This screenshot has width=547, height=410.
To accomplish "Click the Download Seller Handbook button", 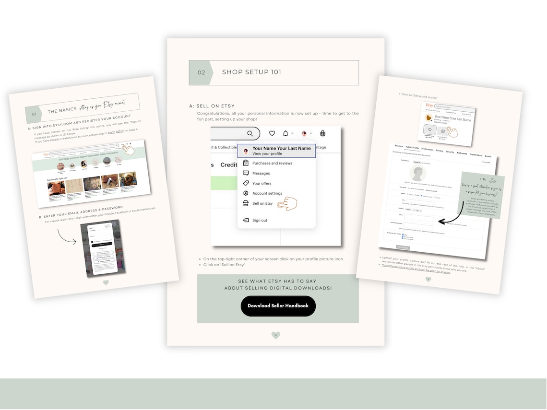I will [x=278, y=306].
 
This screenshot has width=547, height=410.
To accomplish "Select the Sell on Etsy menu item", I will [x=262, y=204].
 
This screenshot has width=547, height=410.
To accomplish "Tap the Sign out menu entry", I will [x=260, y=221].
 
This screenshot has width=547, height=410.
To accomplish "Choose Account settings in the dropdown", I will [x=267, y=193].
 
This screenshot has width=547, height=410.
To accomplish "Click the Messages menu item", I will [x=261, y=173].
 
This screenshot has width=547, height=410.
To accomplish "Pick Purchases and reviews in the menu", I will [x=272, y=163].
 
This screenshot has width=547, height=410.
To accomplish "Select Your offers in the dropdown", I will [x=262, y=183].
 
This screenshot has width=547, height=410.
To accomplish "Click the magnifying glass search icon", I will [x=250, y=134].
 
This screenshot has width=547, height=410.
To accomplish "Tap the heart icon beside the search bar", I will [x=272, y=134].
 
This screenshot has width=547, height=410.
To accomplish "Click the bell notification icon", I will [x=286, y=134].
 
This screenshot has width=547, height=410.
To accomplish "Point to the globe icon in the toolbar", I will [x=323, y=134].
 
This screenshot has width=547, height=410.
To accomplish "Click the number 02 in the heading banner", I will [x=202, y=73].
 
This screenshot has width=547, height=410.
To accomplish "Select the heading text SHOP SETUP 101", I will [x=251, y=72].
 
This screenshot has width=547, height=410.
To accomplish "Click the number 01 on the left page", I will [x=34, y=115].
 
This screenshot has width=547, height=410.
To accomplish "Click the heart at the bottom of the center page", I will [x=275, y=335].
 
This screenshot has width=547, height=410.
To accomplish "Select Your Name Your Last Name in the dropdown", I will [x=281, y=149].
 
